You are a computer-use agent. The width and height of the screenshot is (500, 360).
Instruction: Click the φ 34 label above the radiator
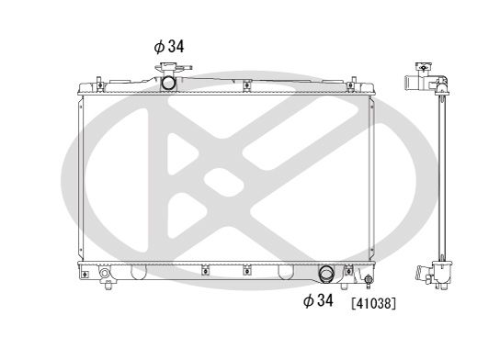168,44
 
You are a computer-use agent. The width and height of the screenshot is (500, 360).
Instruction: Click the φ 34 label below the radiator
319,301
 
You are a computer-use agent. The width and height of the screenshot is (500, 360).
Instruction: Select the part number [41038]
372,302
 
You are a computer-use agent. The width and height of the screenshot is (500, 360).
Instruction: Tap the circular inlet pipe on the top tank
168,83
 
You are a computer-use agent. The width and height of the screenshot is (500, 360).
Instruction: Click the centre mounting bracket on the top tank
246,88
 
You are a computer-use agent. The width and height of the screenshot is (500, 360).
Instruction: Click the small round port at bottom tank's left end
104,275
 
